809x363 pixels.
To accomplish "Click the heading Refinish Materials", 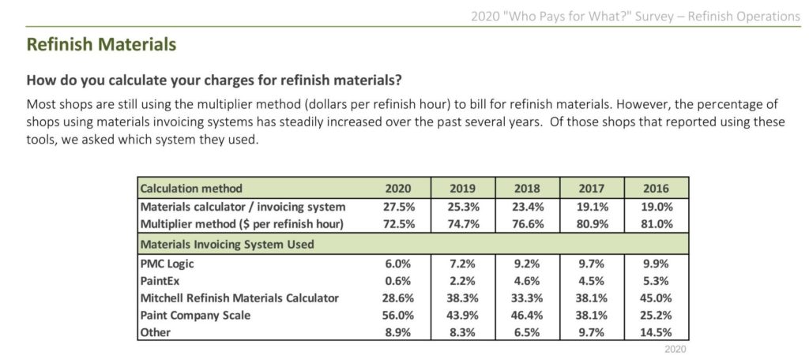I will [101, 44].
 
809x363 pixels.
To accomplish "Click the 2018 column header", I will [527, 189].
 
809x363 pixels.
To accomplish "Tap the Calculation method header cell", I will [191, 189].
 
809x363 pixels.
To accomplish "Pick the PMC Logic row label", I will [167, 264].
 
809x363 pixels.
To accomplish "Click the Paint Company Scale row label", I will [196, 315].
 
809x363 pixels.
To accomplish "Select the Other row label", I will [156, 332].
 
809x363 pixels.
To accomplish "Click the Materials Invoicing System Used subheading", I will [227, 245].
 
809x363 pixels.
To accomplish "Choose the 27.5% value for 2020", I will [397, 207].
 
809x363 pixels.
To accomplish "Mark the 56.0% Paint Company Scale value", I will [397, 315].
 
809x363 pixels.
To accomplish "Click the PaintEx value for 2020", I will [397, 281].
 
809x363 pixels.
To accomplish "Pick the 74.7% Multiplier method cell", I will [462, 224].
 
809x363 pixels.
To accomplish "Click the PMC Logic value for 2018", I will [527, 264].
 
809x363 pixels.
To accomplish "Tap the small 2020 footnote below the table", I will [676, 349].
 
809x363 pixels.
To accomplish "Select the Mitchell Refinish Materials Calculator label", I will [239, 298].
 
